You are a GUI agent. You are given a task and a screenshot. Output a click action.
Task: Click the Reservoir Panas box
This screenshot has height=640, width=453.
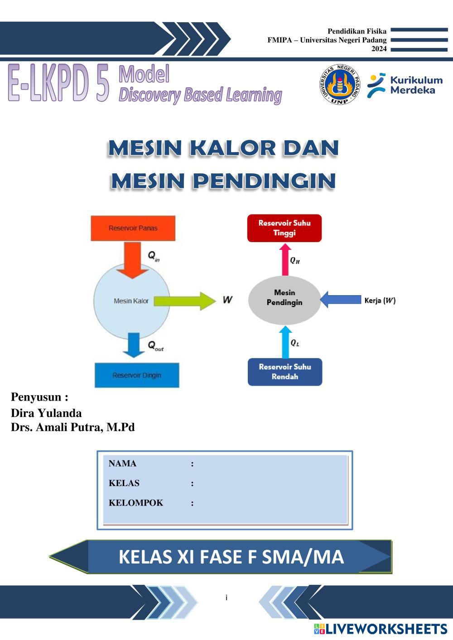[133, 228]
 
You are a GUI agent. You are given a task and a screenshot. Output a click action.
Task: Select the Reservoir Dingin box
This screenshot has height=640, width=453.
[137, 375]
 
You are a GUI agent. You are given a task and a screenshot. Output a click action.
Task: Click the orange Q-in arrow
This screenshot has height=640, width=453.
[132, 259]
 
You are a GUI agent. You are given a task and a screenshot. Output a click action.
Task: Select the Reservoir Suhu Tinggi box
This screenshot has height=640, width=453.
[284, 228]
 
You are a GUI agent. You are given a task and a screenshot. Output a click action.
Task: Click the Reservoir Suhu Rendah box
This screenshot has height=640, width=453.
[285, 372]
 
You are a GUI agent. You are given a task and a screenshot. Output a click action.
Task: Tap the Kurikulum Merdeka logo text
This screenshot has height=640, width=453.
[416, 85]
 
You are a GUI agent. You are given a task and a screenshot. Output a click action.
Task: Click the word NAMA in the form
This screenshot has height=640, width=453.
[122, 463]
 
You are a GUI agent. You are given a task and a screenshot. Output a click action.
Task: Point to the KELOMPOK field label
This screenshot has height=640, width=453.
[136, 503]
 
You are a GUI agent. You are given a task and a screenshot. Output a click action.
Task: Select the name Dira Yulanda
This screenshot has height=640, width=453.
[46, 413]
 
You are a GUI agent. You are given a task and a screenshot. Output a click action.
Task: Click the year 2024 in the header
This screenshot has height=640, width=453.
[379, 49]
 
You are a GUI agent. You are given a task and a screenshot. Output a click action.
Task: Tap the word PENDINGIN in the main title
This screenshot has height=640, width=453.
[264, 181]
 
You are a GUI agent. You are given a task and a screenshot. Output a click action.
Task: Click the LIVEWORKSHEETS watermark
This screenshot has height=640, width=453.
[381, 629]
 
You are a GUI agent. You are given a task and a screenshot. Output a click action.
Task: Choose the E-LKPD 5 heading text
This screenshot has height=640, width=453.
[59, 84]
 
